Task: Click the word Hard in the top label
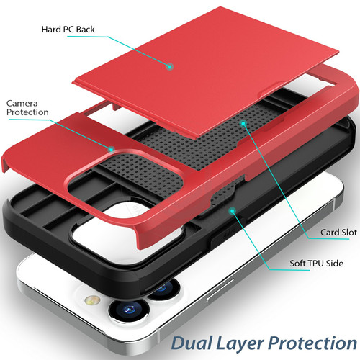(x=51, y=30)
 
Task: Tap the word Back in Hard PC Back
(x=86, y=30)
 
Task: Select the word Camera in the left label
(x=22, y=104)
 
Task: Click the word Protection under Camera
(x=27, y=112)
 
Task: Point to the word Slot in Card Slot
(x=348, y=233)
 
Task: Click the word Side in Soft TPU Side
(x=335, y=264)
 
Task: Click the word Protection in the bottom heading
(x=312, y=343)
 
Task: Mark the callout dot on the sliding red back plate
(x=170, y=66)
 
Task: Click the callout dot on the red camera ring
(x=111, y=150)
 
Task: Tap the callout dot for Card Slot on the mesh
(x=243, y=124)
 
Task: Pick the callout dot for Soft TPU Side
(x=233, y=211)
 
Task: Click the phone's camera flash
(x=92, y=300)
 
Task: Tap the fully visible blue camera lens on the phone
(x=129, y=310)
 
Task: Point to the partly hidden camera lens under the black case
(x=163, y=289)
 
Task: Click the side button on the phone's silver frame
(x=220, y=289)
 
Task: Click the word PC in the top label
(x=68, y=30)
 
